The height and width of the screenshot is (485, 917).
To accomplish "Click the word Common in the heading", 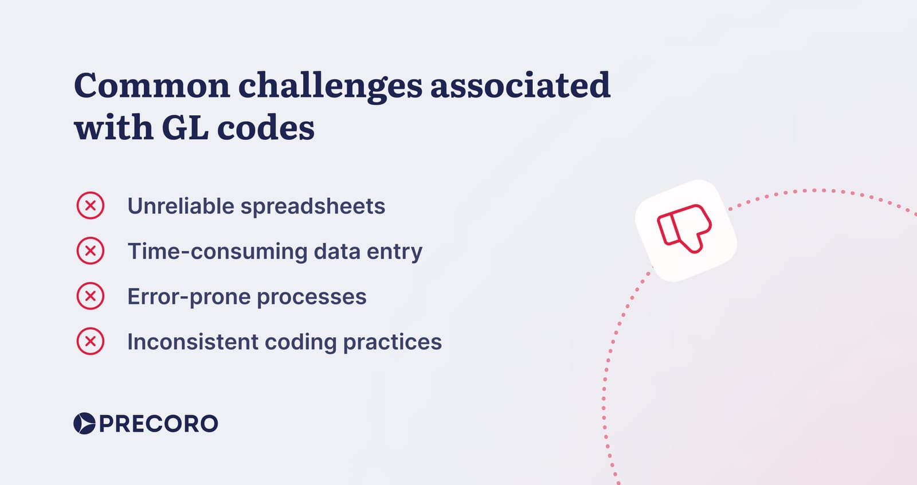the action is [152, 85].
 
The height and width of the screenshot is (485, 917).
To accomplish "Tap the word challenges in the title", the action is [330, 87].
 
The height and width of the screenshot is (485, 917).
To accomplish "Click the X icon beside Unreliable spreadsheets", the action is [91, 205].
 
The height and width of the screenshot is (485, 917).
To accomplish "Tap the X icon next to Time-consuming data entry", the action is [91, 251].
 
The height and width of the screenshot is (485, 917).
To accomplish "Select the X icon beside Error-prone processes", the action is [91, 296].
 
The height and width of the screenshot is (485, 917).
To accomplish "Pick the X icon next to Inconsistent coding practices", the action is [91, 341].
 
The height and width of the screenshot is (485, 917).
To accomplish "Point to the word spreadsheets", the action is [313, 206].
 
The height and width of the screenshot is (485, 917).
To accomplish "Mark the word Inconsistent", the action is [193, 342].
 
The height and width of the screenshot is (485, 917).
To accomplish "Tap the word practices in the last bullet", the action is [392, 342].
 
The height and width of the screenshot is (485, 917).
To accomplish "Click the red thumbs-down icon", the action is [684, 229].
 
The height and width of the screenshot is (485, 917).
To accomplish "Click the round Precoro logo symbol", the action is [84, 423].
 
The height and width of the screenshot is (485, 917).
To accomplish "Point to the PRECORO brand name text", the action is [159, 424].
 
